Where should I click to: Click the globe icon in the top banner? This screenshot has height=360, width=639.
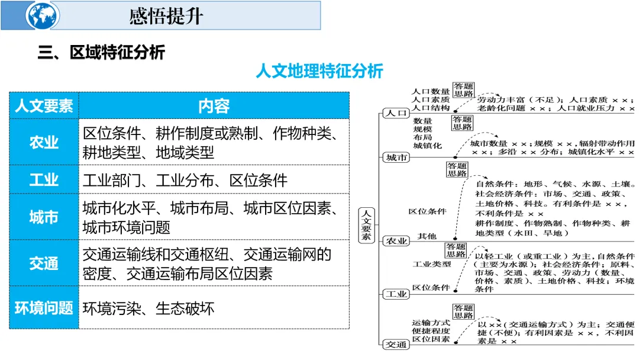pyautogui.click(x=43, y=15)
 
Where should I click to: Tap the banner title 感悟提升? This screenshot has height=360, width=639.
pyautogui.click(x=166, y=16)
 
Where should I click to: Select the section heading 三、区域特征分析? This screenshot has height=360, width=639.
pyautogui.click(x=101, y=53)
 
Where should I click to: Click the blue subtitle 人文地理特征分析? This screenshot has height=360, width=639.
pyautogui.click(x=319, y=72)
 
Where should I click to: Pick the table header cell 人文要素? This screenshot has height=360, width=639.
pyautogui.click(x=44, y=106)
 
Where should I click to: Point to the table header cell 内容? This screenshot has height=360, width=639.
pyautogui.click(x=214, y=106)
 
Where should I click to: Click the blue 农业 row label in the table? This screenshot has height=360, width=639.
pyautogui.click(x=44, y=143)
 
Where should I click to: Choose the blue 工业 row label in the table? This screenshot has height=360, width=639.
pyautogui.click(x=44, y=180)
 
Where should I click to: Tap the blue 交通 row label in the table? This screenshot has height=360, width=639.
pyautogui.click(x=44, y=263)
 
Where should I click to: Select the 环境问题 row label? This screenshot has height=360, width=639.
pyautogui.click(x=44, y=308)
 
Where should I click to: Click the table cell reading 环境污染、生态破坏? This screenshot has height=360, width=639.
pyautogui.click(x=148, y=308)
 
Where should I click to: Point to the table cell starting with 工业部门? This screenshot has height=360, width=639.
pyautogui.click(x=185, y=180)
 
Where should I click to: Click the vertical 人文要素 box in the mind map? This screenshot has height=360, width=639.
pyautogui.click(x=367, y=224)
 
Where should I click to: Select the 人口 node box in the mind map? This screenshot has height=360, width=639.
pyautogui.click(x=396, y=112)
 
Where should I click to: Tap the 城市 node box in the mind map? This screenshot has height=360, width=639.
pyautogui.click(x=396, y=157)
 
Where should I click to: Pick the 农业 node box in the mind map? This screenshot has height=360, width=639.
pyautogui.click(x=396, y=240)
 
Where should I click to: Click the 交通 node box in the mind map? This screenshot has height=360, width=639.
pyautogui.click(x=396, y=344)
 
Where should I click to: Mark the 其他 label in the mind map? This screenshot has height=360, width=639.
pyautogui.click(x=427, y=236)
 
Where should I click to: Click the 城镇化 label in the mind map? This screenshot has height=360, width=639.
pyautogui.click(x=427, y=145)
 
